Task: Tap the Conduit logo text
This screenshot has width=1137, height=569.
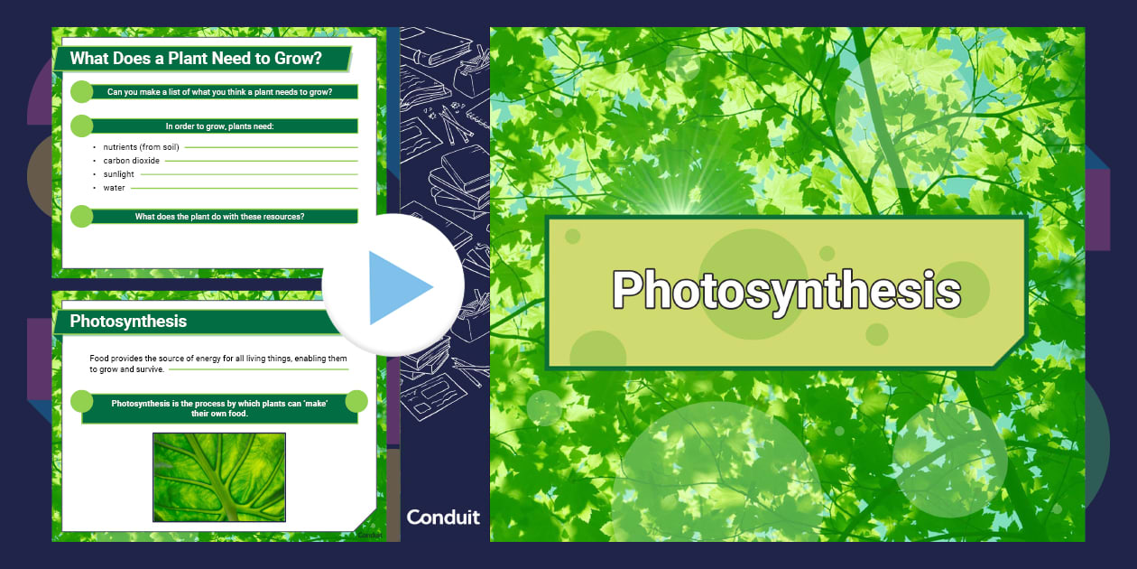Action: (443, 518)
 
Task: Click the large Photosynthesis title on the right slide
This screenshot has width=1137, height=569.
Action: (786, 291)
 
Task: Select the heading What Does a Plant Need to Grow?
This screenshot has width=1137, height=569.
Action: (196, 59)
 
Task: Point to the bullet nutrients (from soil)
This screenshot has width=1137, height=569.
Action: (141, 147)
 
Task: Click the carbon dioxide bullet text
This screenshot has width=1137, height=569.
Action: (132, 161)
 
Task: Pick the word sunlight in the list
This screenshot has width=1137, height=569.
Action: (119, 174)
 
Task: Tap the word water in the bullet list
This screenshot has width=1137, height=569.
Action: (115, 188)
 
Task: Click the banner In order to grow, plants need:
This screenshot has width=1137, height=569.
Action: (220, 126)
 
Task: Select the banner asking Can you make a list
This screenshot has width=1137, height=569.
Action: (220, 92)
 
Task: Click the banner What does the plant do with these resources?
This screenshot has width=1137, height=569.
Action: (220, 217)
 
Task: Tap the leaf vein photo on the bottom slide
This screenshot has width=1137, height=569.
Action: (219, 477)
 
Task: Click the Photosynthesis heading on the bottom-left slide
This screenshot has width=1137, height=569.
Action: (128, 322)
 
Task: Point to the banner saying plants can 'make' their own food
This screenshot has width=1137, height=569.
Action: (220, 408)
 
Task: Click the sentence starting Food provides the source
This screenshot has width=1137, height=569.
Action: (218, 364)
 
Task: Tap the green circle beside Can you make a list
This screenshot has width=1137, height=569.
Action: (81, 92)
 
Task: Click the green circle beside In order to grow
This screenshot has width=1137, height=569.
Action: (81, 126)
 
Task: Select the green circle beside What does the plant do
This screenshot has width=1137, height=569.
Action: (81, 217)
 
